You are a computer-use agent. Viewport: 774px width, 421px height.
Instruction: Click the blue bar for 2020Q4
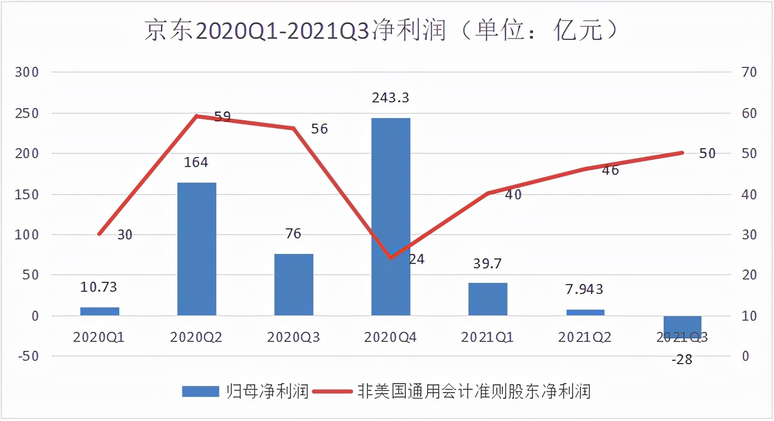click(390, 217)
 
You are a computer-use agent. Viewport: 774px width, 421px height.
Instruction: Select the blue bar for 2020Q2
click(196, 249)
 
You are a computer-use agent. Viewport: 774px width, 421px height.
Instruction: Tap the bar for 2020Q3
click(293, 285)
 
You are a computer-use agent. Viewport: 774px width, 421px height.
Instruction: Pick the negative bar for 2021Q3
click(681, 324)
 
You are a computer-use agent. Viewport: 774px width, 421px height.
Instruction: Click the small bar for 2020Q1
click(99, 311)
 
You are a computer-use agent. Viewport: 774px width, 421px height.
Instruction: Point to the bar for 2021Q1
click(487, 299)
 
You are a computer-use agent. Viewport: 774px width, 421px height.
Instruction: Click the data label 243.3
click(390, 98)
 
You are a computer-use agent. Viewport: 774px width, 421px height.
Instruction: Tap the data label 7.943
click(584, 290)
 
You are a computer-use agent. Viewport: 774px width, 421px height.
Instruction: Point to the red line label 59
click(222, 117)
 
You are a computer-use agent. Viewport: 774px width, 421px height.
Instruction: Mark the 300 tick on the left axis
click(26, 72)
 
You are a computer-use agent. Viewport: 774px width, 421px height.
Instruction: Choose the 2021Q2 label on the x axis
click(584, 337)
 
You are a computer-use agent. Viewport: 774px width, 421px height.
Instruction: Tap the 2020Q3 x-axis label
click(293, 337)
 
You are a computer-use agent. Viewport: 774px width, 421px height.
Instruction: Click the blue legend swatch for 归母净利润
click(200, 391)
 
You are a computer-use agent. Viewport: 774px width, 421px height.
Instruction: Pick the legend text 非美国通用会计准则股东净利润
click(475, 391)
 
